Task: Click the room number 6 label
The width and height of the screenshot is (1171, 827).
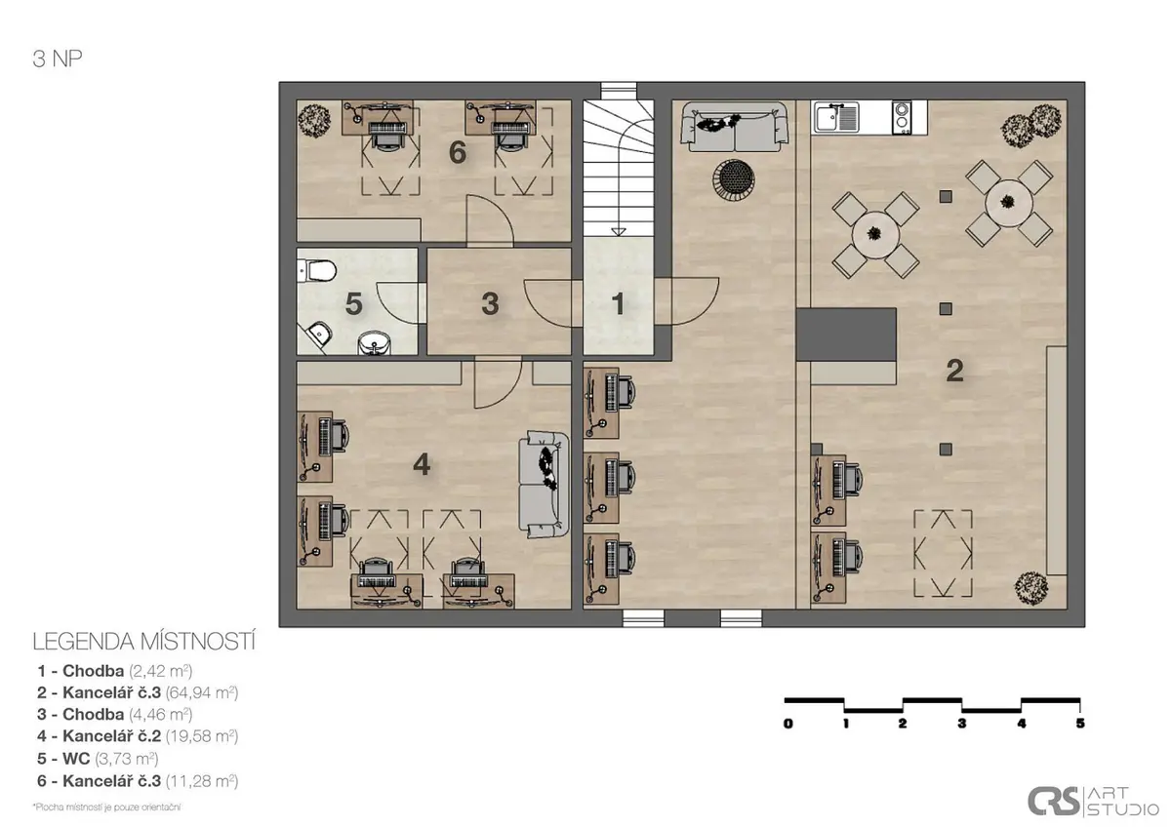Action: (458, 152)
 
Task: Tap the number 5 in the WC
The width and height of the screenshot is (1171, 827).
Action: (354, 304)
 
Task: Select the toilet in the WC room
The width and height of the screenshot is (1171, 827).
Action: (317, 270)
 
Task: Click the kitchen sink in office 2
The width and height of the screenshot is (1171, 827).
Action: (836, 117)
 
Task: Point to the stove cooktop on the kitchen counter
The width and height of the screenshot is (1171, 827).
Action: (902, 117)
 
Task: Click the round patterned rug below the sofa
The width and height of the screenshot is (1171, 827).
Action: (734, 178)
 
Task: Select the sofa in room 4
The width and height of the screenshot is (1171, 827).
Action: (544, 485)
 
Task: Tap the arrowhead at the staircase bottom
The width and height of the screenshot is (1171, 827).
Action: (619, 232)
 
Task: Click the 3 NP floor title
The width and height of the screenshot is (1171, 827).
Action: (58, 59)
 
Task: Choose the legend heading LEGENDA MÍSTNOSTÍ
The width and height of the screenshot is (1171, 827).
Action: (144, 642)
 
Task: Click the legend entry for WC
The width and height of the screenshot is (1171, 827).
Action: (98, 758)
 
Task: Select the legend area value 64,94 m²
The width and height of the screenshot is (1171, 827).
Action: (202, 692)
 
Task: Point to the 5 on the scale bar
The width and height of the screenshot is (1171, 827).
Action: (1080, 723)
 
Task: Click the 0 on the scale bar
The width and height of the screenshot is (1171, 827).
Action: (788, 724)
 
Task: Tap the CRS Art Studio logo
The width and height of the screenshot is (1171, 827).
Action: (1093, 802)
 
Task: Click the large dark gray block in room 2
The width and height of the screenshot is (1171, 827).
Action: (846, 335)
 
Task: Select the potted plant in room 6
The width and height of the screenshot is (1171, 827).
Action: (314, 121)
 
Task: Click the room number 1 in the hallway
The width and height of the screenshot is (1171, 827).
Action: (618, 303)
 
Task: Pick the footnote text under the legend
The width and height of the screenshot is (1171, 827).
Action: (106, 807)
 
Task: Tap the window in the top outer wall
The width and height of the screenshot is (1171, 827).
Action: (619, 91)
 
